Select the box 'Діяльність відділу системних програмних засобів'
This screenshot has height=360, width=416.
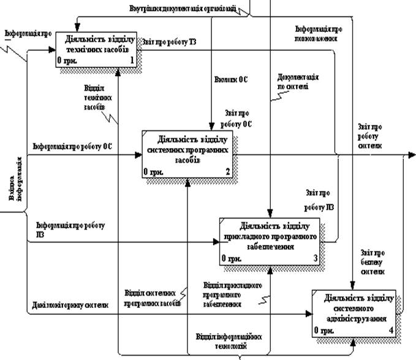coord(187,154)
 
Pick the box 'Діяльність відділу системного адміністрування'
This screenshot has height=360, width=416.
coord(357,312)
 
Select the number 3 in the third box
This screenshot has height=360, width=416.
coord(315,259)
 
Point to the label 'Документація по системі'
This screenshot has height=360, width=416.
coord(298,82)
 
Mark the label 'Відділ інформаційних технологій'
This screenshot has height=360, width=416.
coord(229,342)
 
